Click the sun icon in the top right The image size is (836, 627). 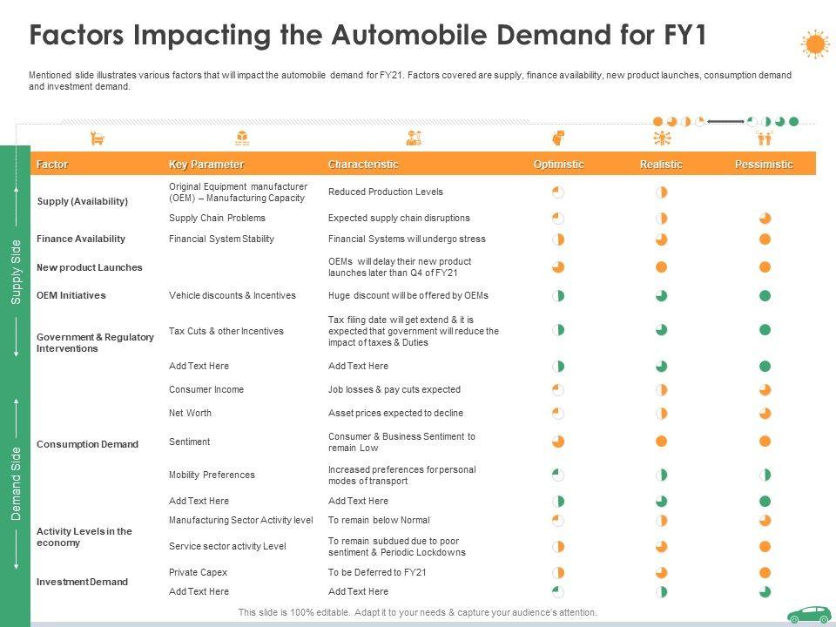(x=815, y=44)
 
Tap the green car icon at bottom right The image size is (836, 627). (x=809, y=615)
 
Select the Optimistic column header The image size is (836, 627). (x=558, y=165)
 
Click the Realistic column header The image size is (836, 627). (x=661, y=165)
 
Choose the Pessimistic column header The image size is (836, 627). (x=764, y=165)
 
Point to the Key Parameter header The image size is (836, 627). (x=206, y=165)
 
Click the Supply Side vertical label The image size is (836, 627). (x=16, y=271)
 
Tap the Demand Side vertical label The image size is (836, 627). (x=16, y=484)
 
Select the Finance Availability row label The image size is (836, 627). (x=81, y=239)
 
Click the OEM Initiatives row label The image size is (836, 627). (x=71, y=295)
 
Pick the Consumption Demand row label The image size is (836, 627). (x=87, y=444)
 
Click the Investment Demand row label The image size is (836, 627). (x=82, y=582)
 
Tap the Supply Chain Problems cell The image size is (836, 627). (x=217, y=218)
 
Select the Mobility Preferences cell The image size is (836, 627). (x=212, y=475)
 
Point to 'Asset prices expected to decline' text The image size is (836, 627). (x=395, y=413)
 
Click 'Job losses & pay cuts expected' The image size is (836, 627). (x=394, y=389)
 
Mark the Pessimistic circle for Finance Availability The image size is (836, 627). (x=765, y=239)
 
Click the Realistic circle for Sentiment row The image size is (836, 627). (x=661, y=442)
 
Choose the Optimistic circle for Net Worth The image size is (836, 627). (x=558, y=413)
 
